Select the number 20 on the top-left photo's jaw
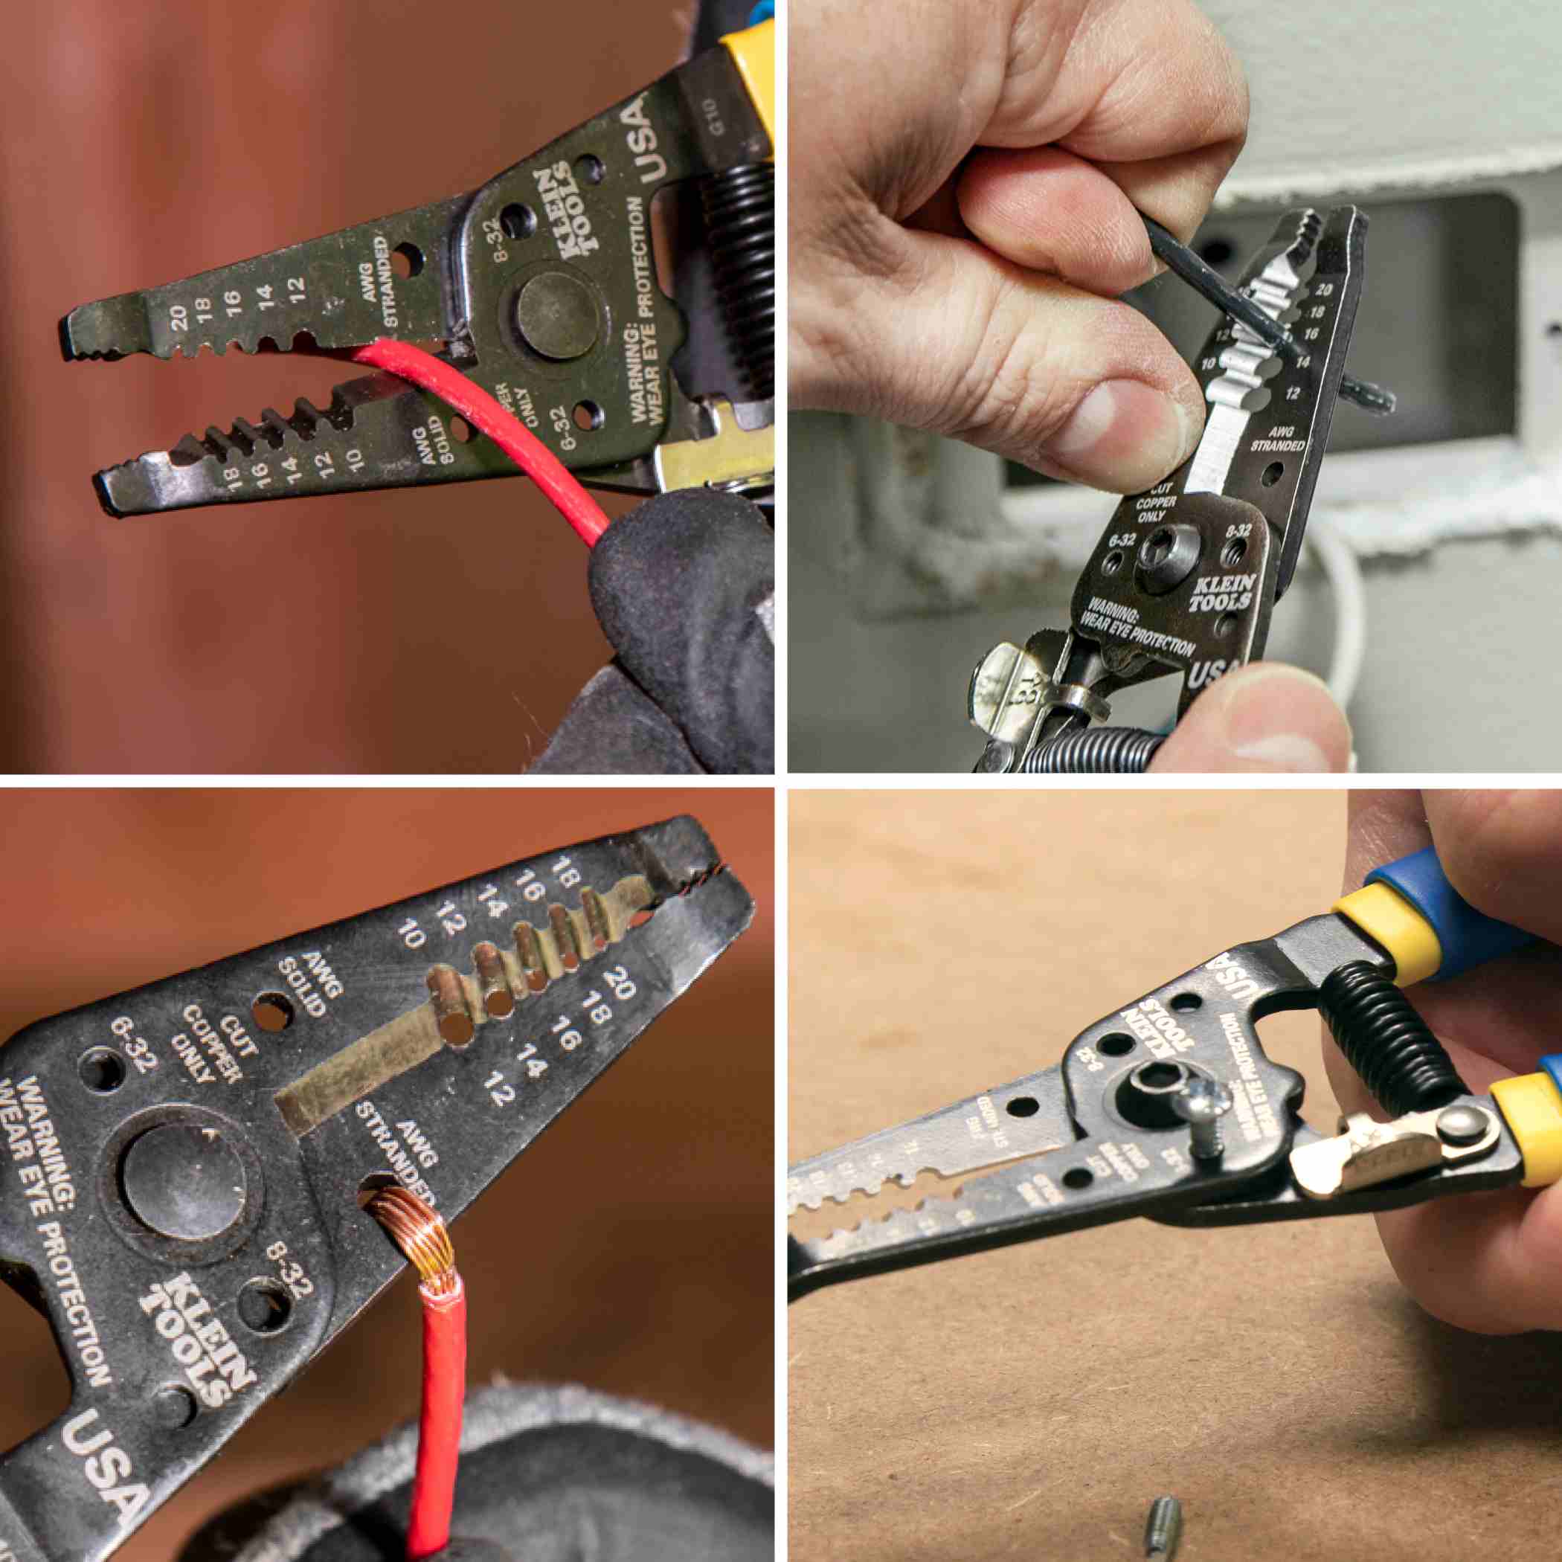179,318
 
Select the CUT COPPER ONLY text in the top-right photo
1151,501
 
